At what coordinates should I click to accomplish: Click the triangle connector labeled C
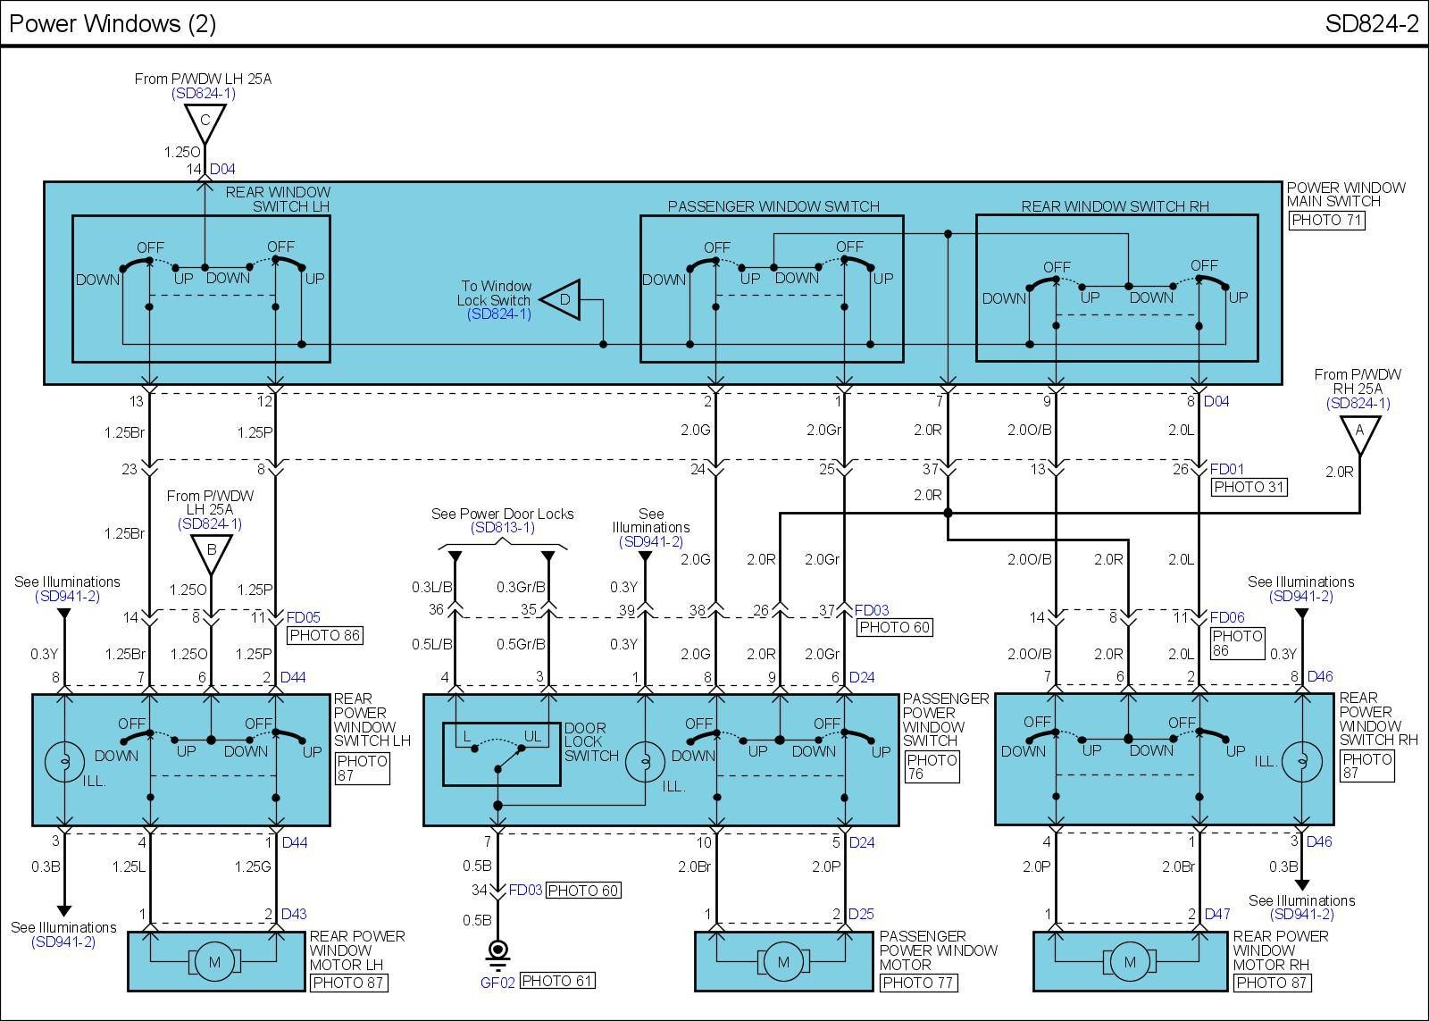pos(205,121)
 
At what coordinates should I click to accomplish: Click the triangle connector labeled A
pos(1359,432)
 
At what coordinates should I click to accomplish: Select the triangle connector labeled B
pos(212,550)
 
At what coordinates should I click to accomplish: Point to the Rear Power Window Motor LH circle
pos(214,962)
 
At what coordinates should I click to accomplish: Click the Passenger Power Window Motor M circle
pos(783,962)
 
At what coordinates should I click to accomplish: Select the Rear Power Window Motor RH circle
pos(1130,962)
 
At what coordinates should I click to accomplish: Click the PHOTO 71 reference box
pos(1327,220)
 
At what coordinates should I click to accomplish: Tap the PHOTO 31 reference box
pos(1249,487)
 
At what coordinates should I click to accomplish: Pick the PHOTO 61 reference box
pos(557,981)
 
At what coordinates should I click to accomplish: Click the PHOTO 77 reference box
pos(918,983)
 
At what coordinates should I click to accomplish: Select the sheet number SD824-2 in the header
pos(1371,24)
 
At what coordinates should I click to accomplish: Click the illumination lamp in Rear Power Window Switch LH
pos(64,761)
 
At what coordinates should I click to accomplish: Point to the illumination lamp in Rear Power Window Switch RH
pos(1302,761)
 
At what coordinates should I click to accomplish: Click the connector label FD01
pos(1227,469)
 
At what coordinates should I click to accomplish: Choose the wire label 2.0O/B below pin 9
pos(1030,430)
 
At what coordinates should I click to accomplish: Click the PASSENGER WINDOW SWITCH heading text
pos(773,206)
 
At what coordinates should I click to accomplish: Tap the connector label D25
pos(860,914)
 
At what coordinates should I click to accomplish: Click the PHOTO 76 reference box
pos(932,767)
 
